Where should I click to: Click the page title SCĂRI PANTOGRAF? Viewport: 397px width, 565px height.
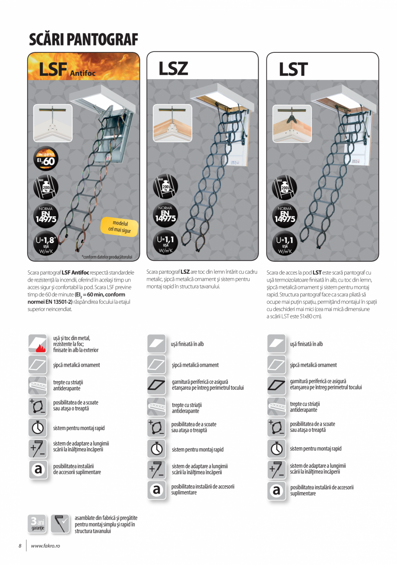point(83,40)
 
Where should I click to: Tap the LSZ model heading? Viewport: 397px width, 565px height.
point(173,69)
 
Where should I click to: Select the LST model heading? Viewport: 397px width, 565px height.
point(293,69)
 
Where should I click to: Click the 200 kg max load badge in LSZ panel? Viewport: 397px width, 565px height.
point(165,186)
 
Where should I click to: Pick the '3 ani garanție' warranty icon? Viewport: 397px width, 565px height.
point(38,523)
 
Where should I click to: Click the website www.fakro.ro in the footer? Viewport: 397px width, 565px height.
point(45,546)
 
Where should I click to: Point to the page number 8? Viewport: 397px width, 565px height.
point(19,546)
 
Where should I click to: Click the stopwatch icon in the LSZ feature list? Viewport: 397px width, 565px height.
point(156,449)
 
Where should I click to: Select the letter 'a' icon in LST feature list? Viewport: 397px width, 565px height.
point(276,491)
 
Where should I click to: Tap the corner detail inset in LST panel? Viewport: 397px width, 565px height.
point(292,123)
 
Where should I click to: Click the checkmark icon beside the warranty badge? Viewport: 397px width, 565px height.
point(60,523)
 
